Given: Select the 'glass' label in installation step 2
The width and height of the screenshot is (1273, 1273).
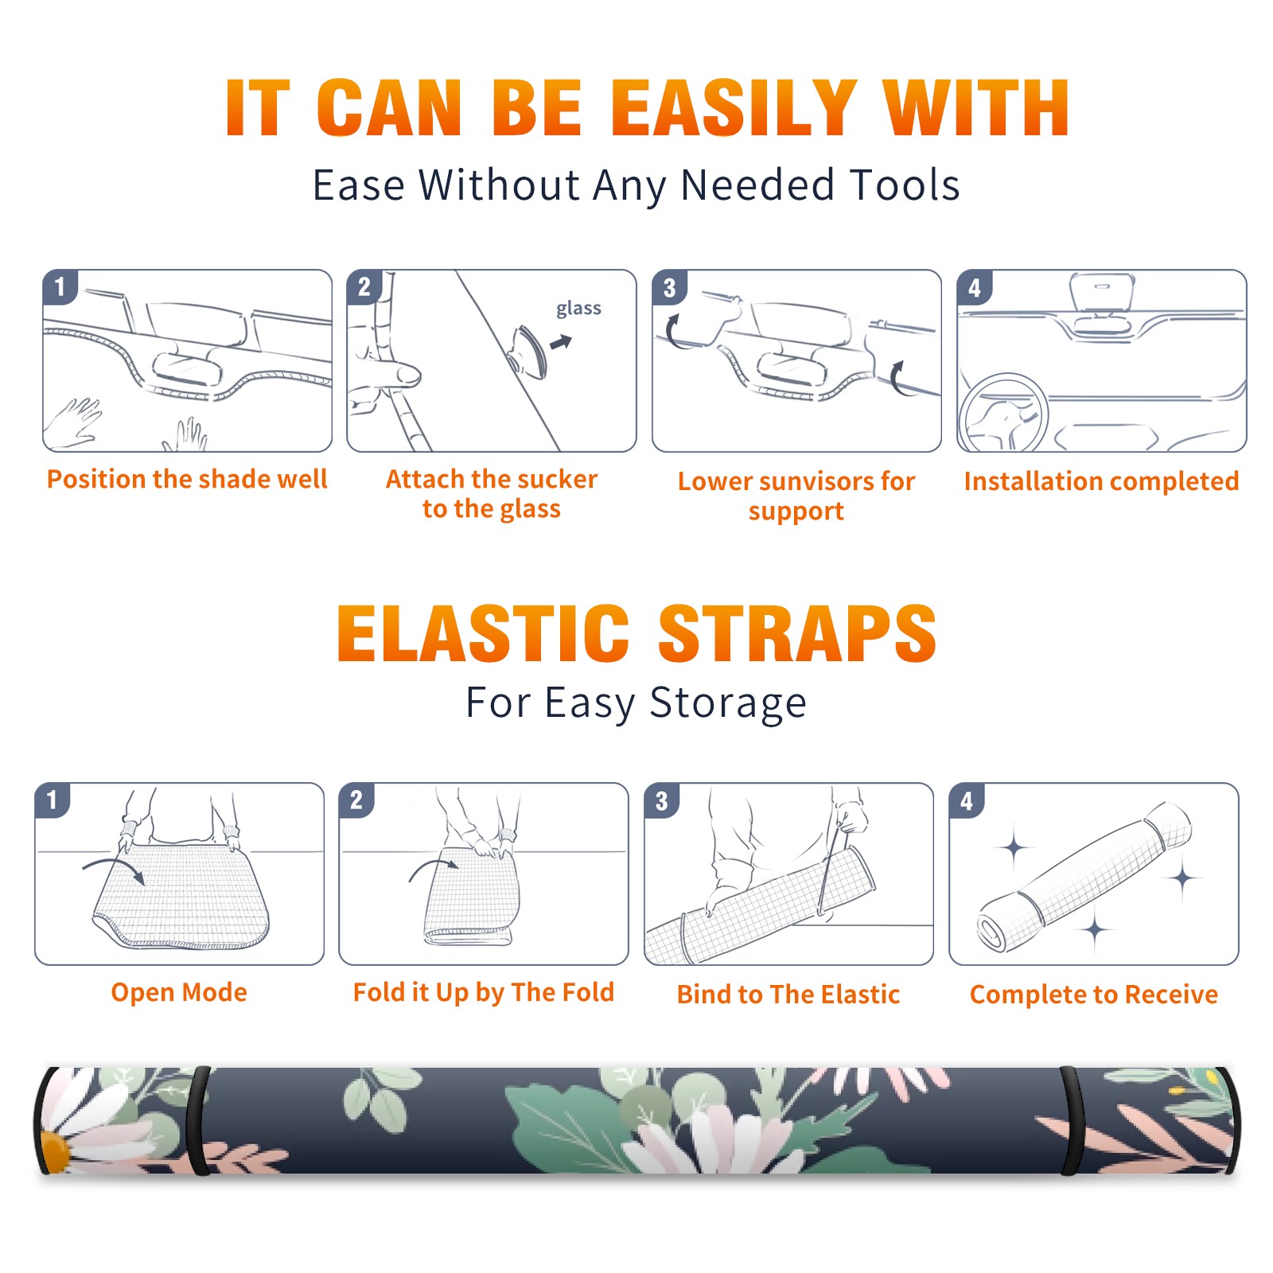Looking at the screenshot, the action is pos(578,309).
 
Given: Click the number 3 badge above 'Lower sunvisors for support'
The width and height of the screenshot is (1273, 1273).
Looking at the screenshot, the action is pos(669,287).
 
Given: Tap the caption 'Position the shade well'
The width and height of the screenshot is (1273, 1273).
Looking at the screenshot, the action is pos(187,479).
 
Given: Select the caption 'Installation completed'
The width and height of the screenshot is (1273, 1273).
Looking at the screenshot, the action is pos(1101,481).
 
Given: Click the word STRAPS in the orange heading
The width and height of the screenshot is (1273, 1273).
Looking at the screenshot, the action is pos(797,633).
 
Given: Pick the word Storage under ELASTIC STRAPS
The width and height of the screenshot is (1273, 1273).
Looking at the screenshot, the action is pos(728,704).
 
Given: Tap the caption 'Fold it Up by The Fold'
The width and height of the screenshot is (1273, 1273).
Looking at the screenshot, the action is pos(484,993).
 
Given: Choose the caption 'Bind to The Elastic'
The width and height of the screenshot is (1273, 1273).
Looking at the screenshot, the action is pos(788,995).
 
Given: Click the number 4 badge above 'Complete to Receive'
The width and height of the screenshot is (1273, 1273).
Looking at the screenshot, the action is pos(967,800).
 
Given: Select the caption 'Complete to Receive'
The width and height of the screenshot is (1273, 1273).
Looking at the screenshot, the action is pos(1094,995).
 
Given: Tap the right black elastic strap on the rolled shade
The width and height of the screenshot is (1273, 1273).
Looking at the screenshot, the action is pos(1072,1121).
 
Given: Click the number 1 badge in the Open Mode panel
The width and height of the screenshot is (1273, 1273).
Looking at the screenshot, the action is pos(53,800).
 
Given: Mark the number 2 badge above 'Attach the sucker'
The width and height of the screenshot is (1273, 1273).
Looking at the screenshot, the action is pos(364,287).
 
